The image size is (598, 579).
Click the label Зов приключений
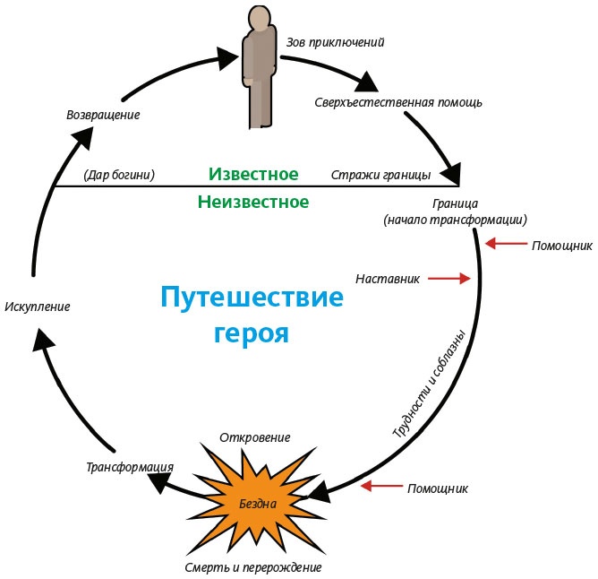[335, 42]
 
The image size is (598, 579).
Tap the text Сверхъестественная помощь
[398, 101]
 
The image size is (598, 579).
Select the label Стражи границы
[380, 174]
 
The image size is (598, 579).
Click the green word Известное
[253, 173]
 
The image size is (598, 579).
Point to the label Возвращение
[103, 115]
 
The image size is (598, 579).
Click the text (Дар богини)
[118, 174]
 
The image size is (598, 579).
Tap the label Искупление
[37, 307]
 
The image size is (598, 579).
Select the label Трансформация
[129, 466]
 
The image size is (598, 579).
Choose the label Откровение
[255, 437]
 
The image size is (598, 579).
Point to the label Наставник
[388, 279]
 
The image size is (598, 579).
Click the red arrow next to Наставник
[448, 279]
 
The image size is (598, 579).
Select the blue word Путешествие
[252, 296]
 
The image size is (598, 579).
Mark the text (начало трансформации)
[454, 220]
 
